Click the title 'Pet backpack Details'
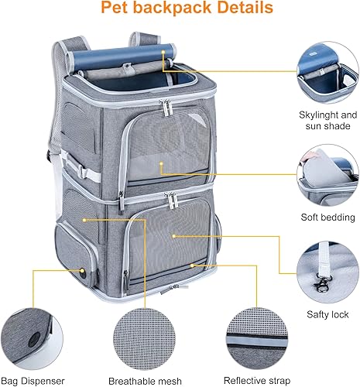[180, 10]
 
